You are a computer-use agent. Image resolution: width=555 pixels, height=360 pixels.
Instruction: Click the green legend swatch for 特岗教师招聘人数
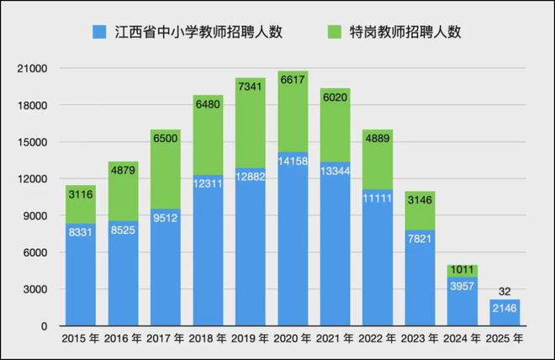[332, 33]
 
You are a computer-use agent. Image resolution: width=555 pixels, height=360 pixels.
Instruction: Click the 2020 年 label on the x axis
[293, 338]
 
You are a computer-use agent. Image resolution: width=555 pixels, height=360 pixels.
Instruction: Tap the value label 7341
[251, 87]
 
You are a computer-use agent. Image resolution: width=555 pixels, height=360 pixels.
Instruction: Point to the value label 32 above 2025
[505, 291]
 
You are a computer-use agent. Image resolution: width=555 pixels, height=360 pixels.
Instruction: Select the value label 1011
[462, 270]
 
